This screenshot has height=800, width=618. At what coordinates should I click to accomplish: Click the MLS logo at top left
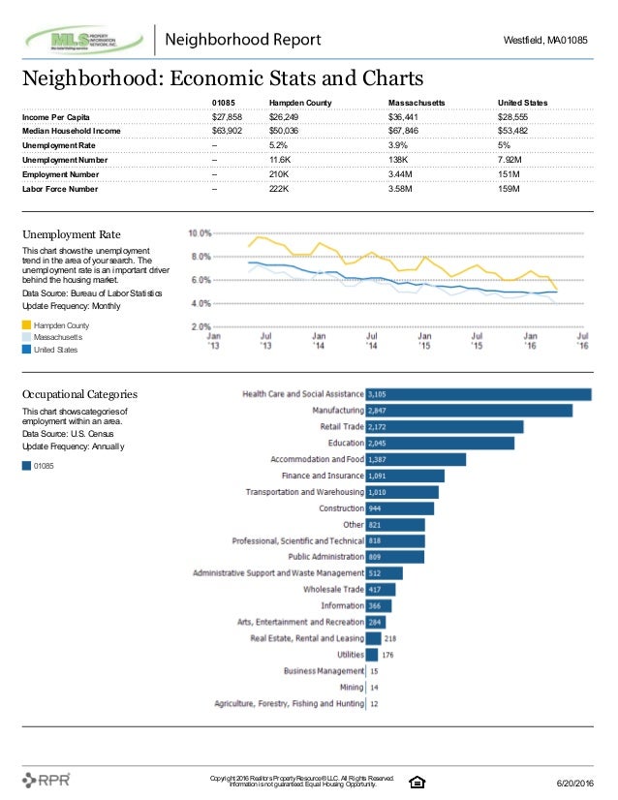tap(84, 40)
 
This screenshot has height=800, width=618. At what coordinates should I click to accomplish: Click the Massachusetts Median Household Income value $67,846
tap(403, 131)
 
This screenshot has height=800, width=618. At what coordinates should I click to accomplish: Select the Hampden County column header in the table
tap(300, 103)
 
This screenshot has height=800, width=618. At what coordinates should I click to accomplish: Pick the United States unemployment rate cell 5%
tap(504, 145)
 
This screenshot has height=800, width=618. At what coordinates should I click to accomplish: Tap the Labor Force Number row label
tap(60, 189)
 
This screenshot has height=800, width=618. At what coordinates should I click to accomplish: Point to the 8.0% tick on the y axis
tap(201, 257)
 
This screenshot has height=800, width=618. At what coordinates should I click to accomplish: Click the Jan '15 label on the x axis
tap(424, 341)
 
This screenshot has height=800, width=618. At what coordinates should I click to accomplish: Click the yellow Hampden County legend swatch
tap(26, 325)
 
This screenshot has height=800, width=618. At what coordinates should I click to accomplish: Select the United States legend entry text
tap(55, 350)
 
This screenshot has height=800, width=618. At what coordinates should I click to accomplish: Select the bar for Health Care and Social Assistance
tap(479, 394)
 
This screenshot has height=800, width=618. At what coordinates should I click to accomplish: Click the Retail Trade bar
tap(445, 427)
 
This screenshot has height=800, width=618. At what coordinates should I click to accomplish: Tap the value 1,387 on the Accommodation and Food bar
tap(377, 460)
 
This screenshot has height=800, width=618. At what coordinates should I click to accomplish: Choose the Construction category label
tap(341, 508)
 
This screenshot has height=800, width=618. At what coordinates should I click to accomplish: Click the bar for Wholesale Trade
tap(381, 590)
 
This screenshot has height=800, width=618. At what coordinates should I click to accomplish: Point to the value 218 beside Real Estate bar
tap(390, 639)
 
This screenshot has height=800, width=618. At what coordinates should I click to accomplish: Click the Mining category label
tap(352, 688)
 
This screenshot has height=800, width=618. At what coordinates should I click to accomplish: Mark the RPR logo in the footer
tap(46, 780)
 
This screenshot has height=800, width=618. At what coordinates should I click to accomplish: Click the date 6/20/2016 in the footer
tap(575, 784)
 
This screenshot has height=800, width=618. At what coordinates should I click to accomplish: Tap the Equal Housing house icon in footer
tap(417, 783)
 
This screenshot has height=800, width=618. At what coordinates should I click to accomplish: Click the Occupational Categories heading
tap(79, 394)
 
